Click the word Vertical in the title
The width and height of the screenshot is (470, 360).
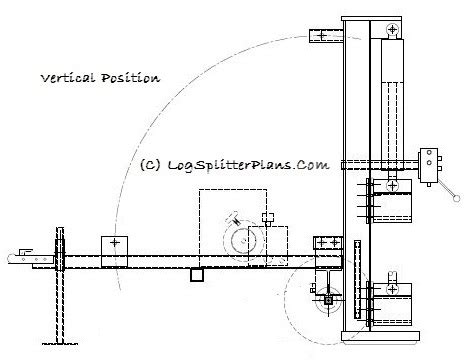[64, 77]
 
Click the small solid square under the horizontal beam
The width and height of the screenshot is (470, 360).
[198, 273]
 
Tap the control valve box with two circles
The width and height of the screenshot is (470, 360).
[429, 162]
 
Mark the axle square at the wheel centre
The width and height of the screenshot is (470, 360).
[328, 298]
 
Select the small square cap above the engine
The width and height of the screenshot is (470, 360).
[266, 217]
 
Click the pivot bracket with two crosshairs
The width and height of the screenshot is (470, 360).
[327, 243]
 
